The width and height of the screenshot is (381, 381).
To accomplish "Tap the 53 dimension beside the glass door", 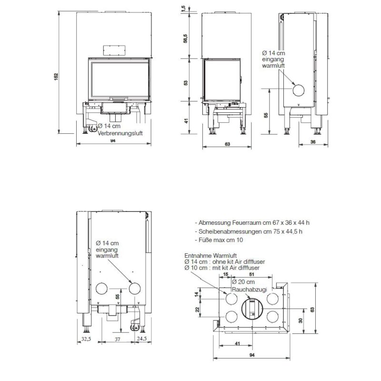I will pos(186,81).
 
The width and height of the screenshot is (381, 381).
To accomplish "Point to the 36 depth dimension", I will pos(313,141).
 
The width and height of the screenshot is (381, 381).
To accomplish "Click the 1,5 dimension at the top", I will pos(183,9).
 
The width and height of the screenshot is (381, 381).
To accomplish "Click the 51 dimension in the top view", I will pos(251,274).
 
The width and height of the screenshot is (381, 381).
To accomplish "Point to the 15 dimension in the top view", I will pos(225,274).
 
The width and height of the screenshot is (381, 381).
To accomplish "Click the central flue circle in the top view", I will pos(251,308).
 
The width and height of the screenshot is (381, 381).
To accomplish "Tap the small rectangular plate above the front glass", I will pos(113,50).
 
